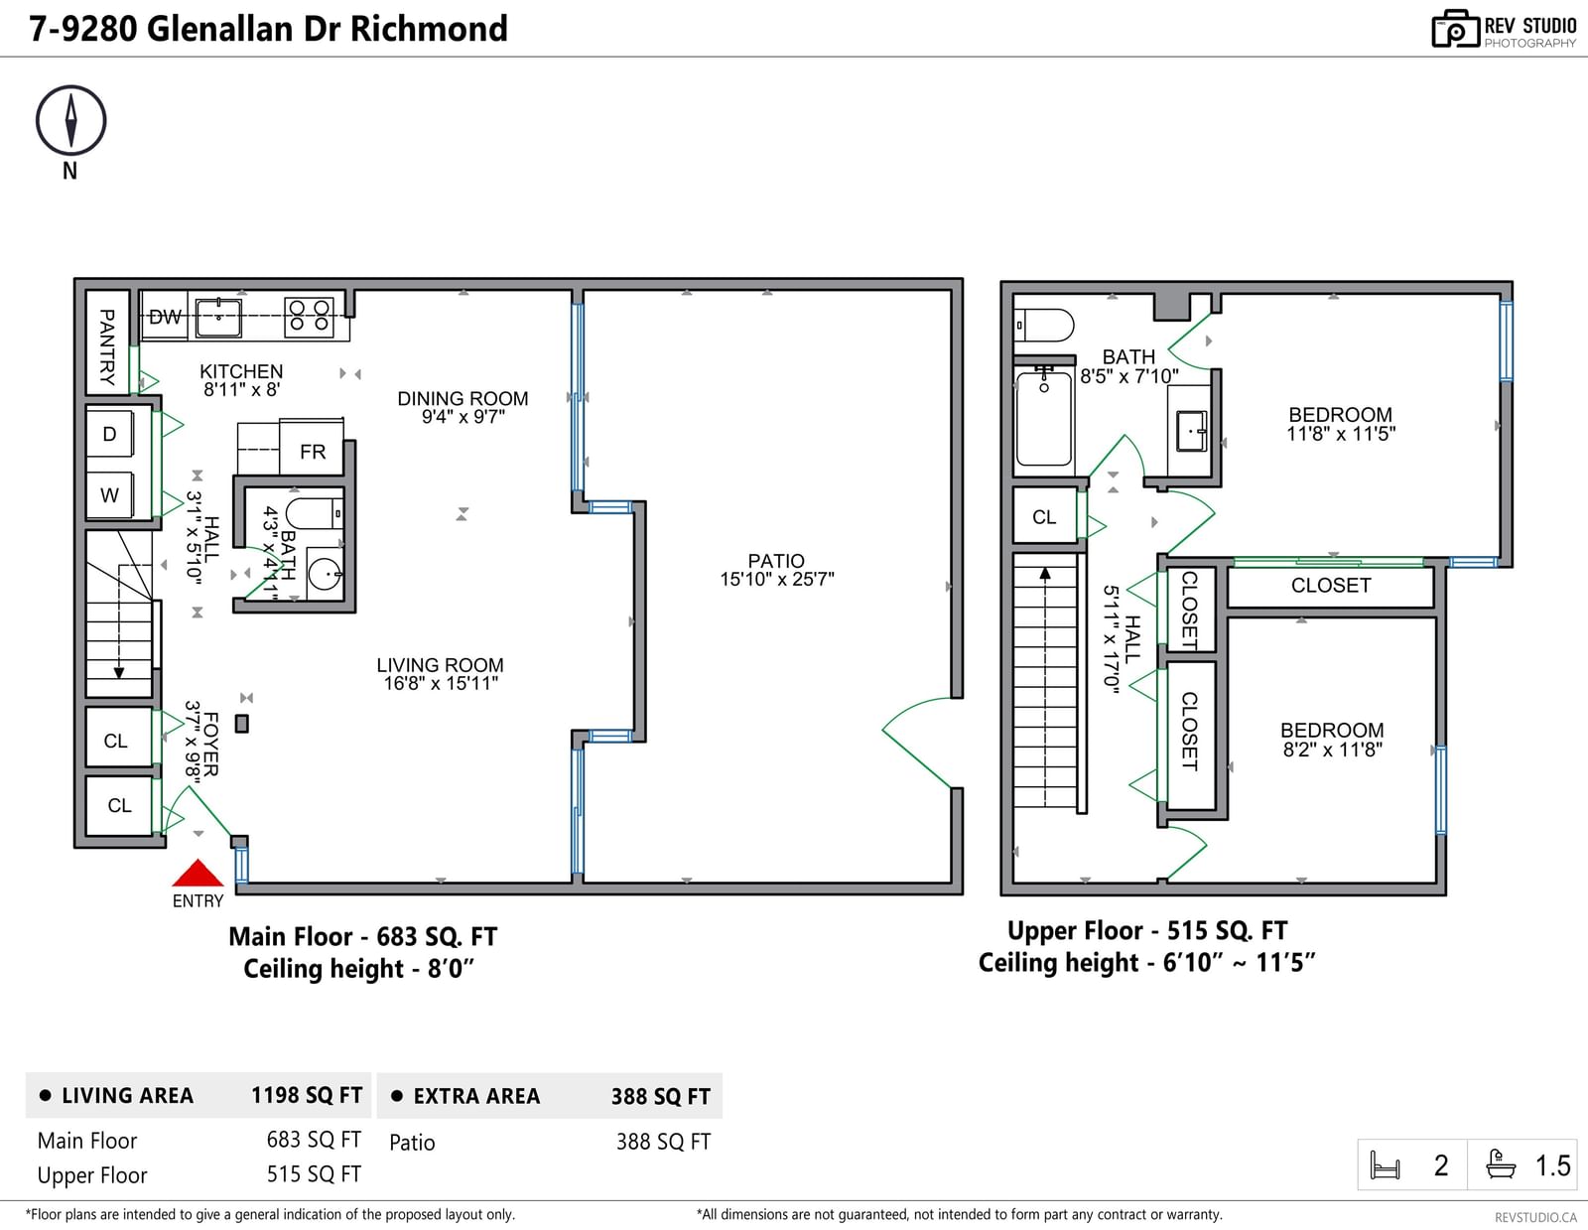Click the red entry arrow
click(x=198, y=873)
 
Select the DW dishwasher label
click(x=165, y=318)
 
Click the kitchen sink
click(x=218, y=319)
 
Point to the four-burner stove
click(x=309, y=317)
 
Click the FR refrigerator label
click(x=313, y=452)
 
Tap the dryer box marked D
click(x=109, y=434)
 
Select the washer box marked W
click(x=109, y=495)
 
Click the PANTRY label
click(x=107, y=346)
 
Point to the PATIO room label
click(x=776, y=561)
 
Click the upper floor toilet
click(x=1045, y=326)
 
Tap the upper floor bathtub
click(x=1044, y=417)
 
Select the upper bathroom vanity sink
click(x=1191, y=431)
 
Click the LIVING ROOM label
click(x=440, y=665)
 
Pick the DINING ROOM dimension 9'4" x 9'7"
click(x=463, y=417)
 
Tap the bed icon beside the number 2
click(x=1385, y=1164)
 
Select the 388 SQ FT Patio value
click(x=663, y=1142)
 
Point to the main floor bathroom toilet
click(x=315, y=514)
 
